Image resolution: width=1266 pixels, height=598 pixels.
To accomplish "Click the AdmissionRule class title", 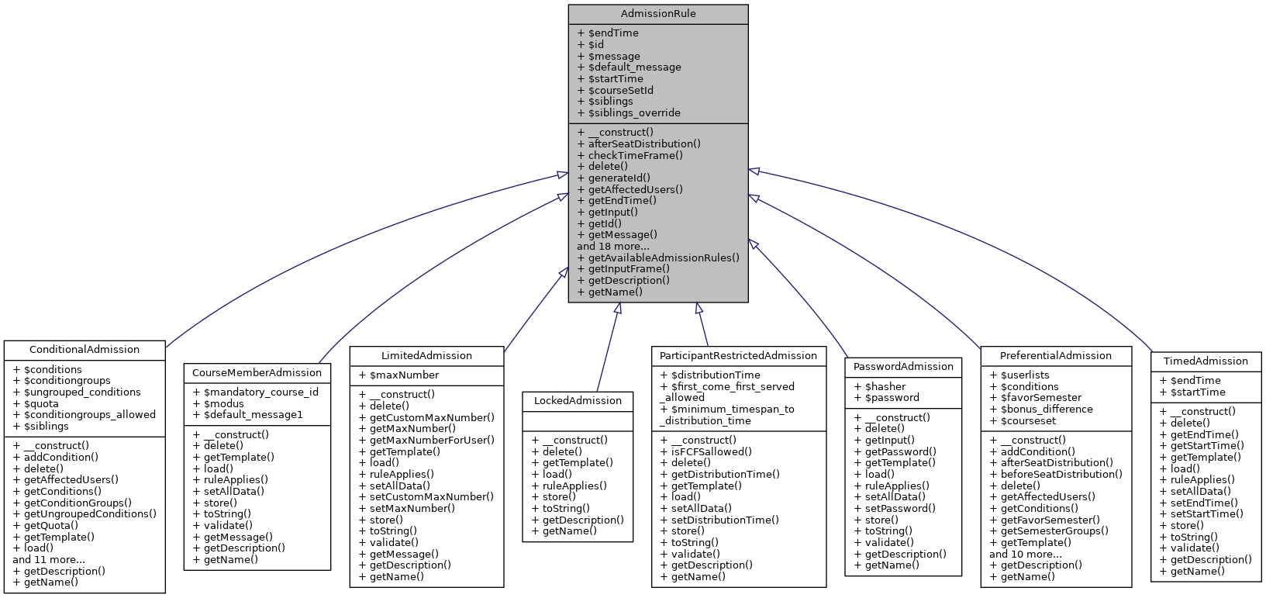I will (658, 14).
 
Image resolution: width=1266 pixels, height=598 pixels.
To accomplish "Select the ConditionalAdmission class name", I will (85, 350).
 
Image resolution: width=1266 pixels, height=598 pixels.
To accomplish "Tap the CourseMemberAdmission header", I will (257, 372).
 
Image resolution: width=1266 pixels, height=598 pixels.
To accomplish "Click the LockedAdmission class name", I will (578, 401).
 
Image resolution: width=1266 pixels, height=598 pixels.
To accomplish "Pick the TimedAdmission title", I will (1206, 361).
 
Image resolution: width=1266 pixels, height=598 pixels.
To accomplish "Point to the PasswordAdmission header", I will (903, 367).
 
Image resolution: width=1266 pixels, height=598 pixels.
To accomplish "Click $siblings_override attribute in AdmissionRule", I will (633, 112).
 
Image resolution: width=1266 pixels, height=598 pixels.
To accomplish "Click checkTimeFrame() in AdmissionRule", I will (635, 155).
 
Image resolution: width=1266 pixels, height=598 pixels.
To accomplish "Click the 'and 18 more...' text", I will (613, 246).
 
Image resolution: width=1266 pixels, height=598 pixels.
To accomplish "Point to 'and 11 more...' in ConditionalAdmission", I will (49, 559).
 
